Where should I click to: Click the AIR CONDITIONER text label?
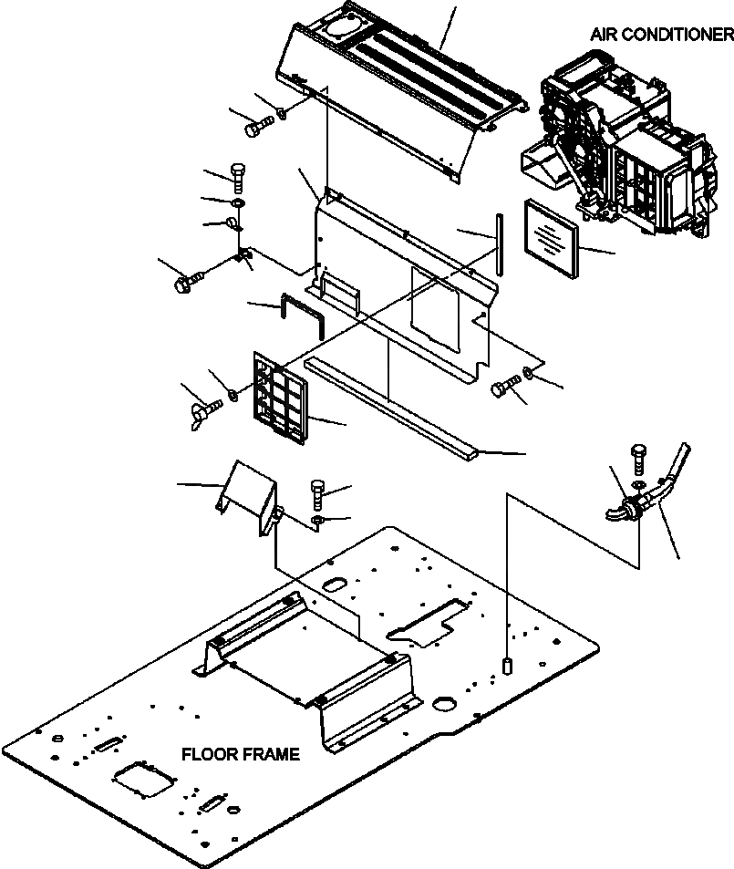(661, 36)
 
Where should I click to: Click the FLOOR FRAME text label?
(240, 755)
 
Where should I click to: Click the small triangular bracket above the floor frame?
(244, 495)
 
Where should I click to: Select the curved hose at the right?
(671, 474)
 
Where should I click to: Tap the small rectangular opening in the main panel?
(336, 289)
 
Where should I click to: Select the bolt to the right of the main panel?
(502, 388)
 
